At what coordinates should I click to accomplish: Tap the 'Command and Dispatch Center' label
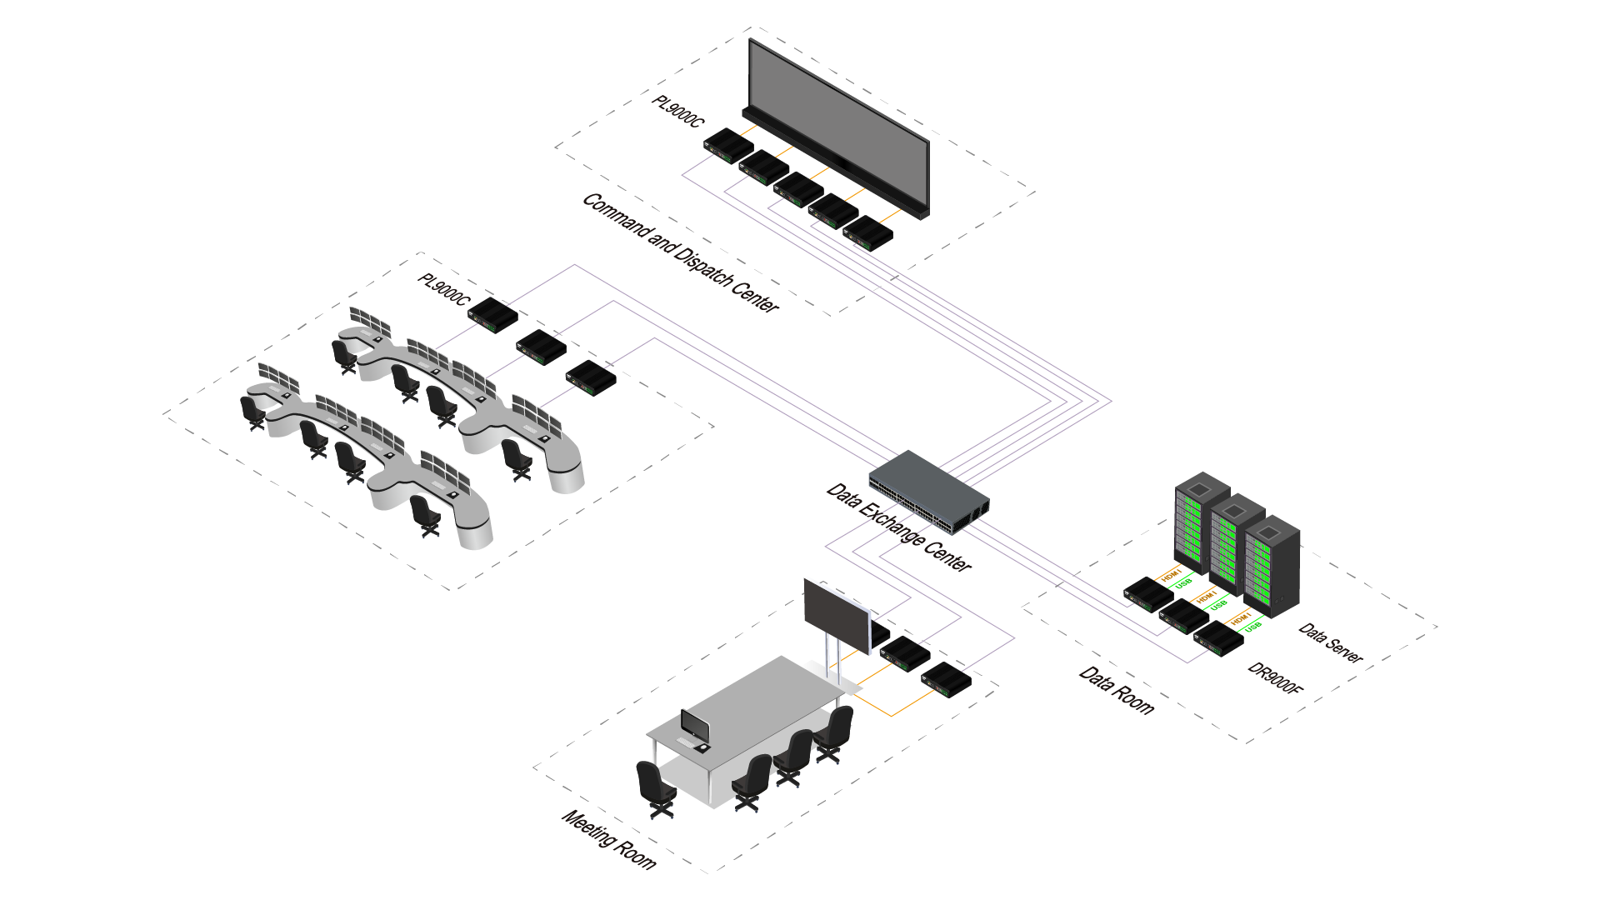[680, 252]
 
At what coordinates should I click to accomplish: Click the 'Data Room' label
[1117, 691]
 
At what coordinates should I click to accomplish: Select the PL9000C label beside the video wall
[677, 112]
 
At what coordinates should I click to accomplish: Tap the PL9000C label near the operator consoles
[443, 289]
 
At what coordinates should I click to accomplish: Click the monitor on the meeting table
[694, 726]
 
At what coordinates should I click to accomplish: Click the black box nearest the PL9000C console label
[492, 315]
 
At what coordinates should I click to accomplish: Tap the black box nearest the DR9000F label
[1218, 639]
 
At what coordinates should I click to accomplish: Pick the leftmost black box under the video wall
[728, 145]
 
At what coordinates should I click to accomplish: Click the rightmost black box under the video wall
[867, 233]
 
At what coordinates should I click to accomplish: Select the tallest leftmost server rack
[1201, 522]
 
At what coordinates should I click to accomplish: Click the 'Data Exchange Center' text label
[898, 527]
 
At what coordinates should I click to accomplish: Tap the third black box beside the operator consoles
[591, 377]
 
